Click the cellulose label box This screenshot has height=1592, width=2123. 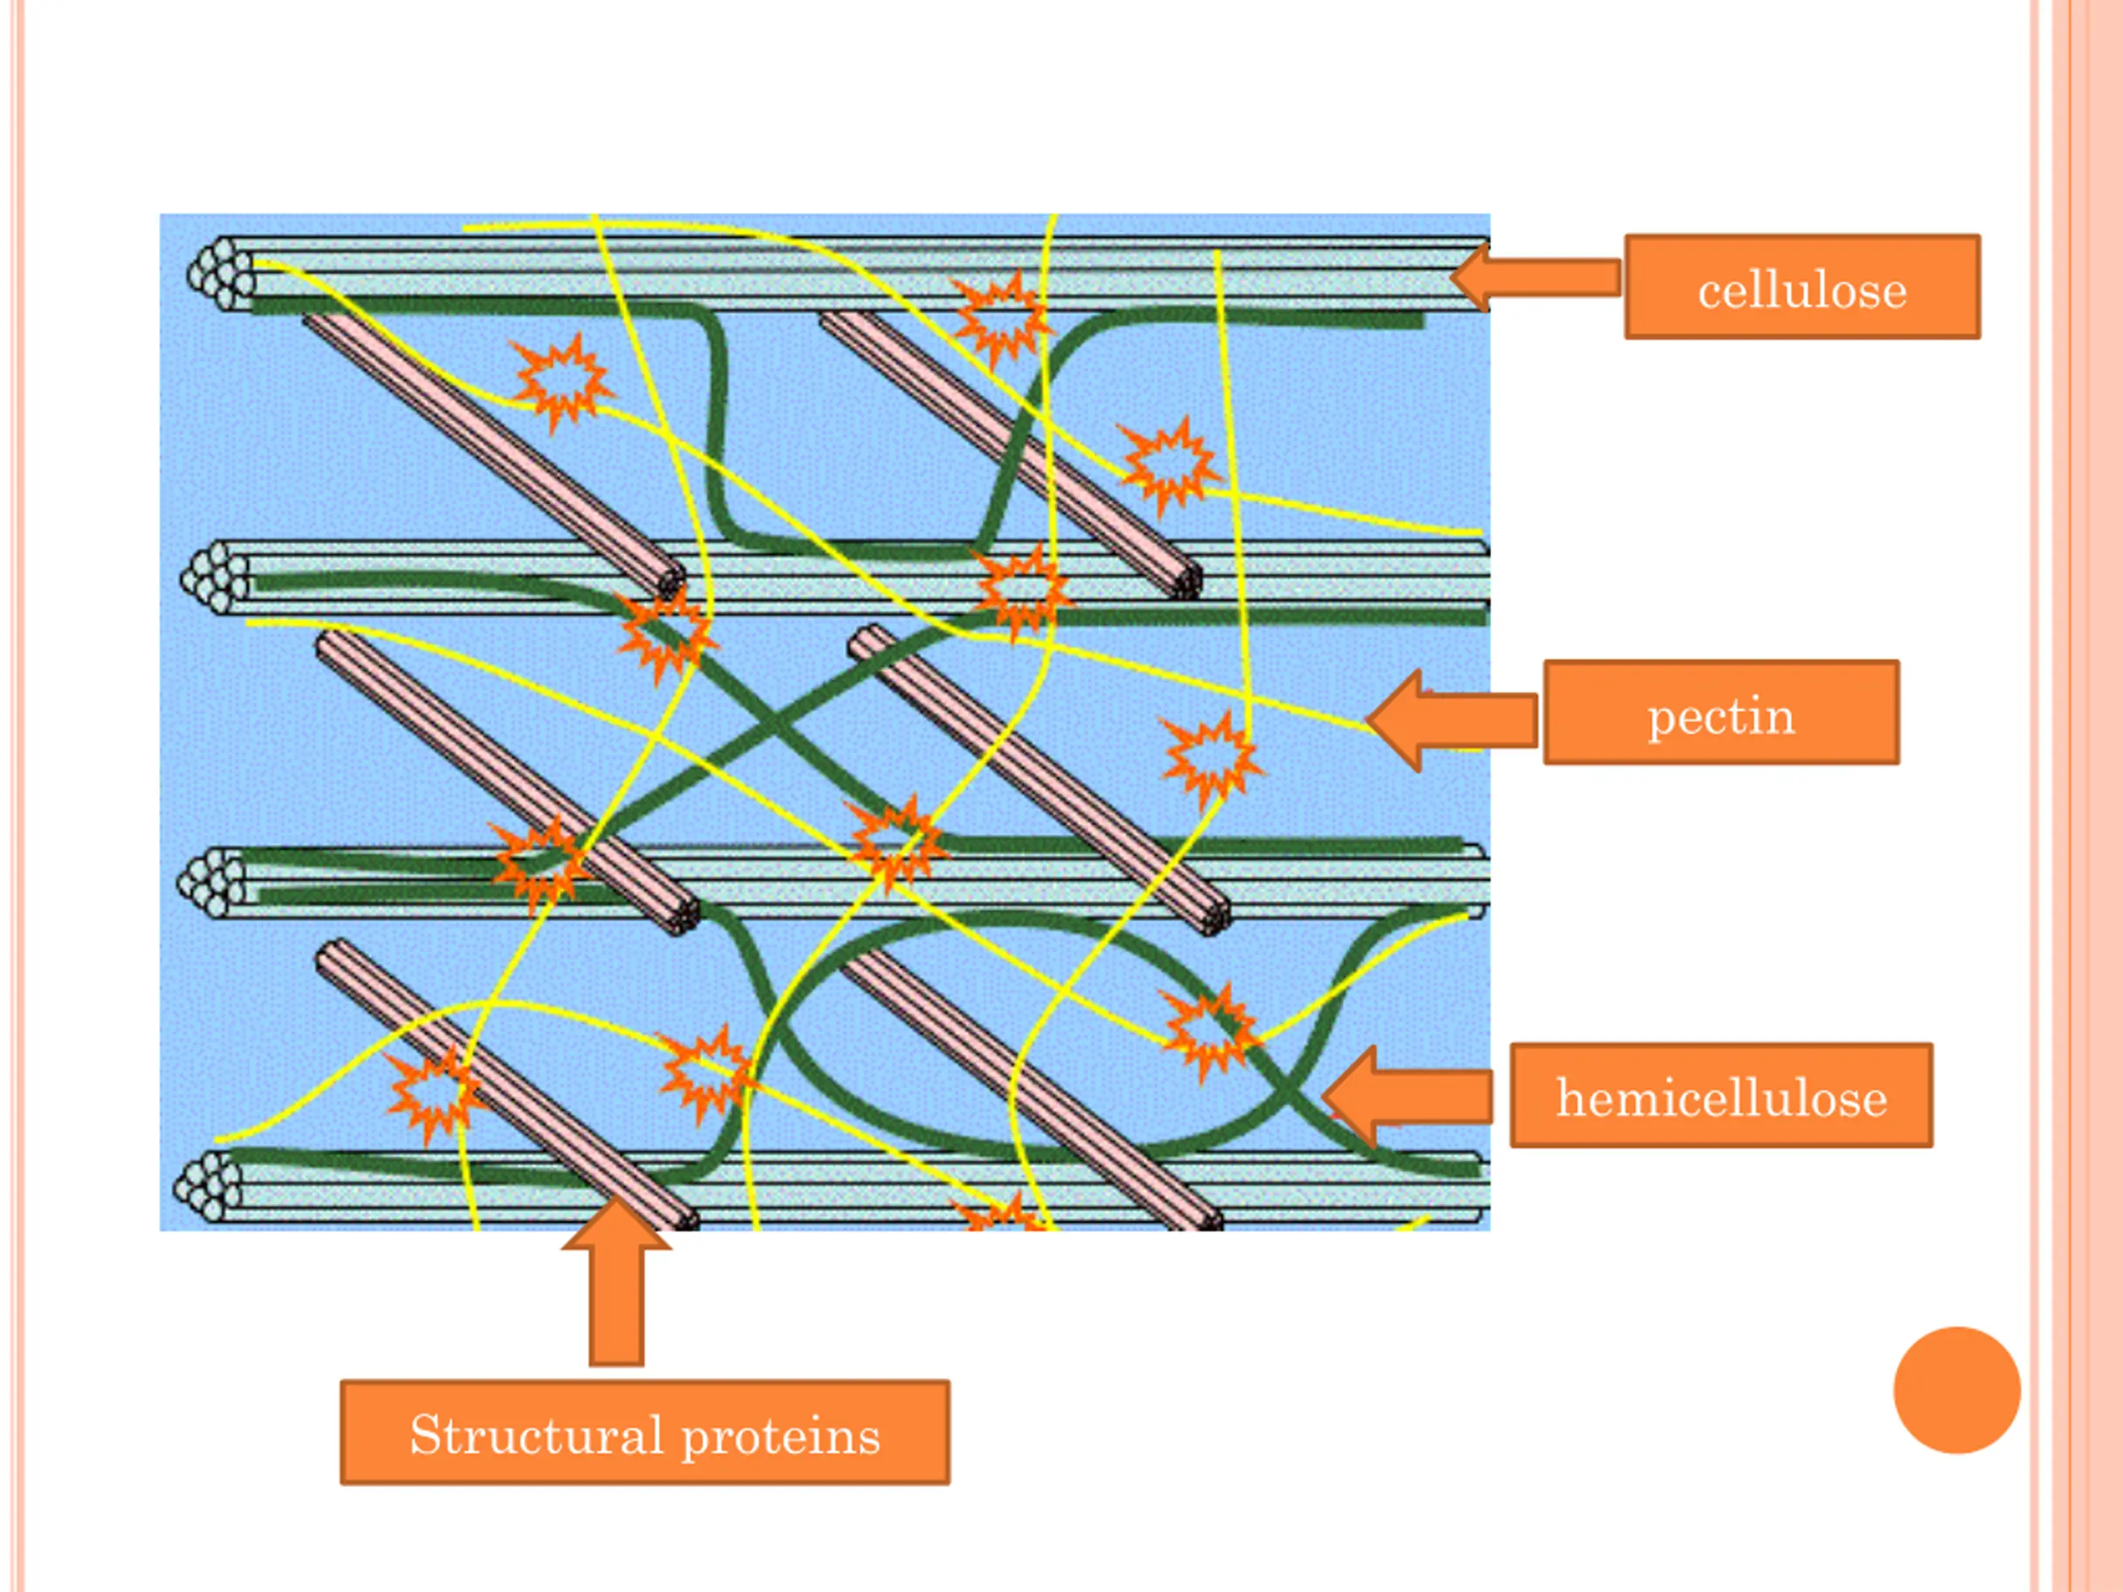1801,287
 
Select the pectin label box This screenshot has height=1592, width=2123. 1721,712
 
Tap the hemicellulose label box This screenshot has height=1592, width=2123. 1721,1095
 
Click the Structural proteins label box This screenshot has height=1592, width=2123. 645,1433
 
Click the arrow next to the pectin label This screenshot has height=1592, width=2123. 1451,720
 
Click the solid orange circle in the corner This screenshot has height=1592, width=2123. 1957,1390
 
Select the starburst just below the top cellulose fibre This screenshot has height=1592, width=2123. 998,318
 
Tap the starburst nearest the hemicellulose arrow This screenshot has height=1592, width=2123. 1207,1032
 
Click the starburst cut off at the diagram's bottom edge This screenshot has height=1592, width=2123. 1000,1216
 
